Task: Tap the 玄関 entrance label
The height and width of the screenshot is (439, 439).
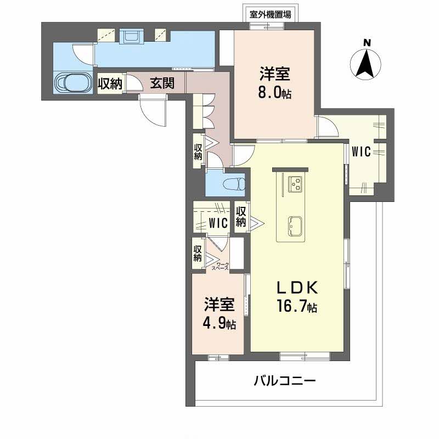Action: (162, 83)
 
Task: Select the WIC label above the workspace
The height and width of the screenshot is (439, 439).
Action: (219, 223)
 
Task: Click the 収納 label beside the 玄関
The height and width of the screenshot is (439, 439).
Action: (110, 83)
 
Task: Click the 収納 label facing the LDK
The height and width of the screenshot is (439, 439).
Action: (240, 217)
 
